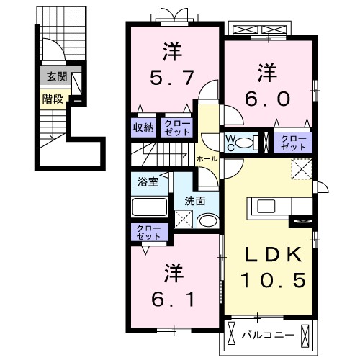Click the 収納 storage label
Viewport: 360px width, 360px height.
coord(143,127)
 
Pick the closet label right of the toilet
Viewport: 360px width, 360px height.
coord(292,141)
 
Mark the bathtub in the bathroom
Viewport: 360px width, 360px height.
coord(150,207)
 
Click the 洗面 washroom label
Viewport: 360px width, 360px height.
coord(195,201)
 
